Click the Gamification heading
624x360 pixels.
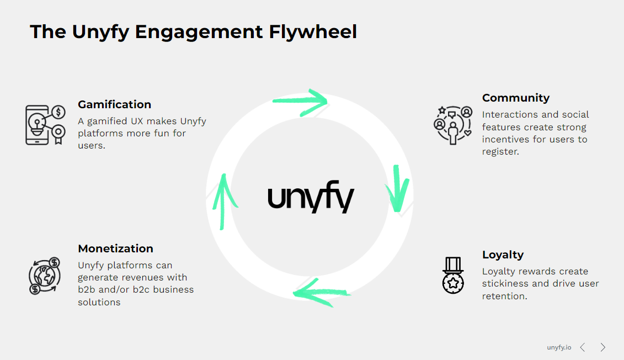pos(114,104)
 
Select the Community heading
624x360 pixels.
pos(515,98)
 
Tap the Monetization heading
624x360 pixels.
pos(115,248)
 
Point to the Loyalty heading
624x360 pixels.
pos(503,255)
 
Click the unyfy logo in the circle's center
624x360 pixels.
pos(311,199)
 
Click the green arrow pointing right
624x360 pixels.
pos(300,100)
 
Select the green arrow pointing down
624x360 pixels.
pos(397,188)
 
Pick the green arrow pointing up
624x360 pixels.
pos(223,200)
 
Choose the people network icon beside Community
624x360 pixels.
pos(453,125)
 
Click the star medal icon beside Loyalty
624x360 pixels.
pos(453,275)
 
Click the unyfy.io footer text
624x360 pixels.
pos(559,347)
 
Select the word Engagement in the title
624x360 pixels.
pos(199,32)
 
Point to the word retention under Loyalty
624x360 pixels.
pos(504,296)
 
